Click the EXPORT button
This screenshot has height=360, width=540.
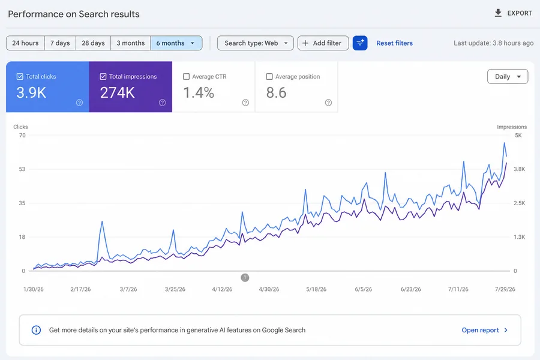[x=513, y=13]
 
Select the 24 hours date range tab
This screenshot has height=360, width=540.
[x=25, y=43]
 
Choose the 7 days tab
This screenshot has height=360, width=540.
[x=60, y=43]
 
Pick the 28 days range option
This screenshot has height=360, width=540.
[x=93, y=43]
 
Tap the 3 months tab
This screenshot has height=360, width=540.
[x=131, y=43]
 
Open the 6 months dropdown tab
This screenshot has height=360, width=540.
[x=176, y=43]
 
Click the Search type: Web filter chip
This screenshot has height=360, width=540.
[x=255, y=43]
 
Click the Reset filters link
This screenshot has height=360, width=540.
[x=394, y=43]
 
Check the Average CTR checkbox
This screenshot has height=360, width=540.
[x=187, y=76]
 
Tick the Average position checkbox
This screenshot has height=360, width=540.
[x=269, y=76]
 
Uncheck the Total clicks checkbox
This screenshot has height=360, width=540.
[x=20, y=76]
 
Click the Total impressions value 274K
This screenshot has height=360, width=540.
[x=118, y=92]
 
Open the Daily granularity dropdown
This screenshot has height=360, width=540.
[x=508, y=76]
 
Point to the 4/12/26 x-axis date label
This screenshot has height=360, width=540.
[x=222, y=289]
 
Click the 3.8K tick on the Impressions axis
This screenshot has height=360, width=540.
[x=520, y=169]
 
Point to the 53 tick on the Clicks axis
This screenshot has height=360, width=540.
[x=22, y=169]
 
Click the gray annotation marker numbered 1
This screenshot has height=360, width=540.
[x=245, y=277]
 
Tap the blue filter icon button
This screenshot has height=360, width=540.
[x=360, y=43]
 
